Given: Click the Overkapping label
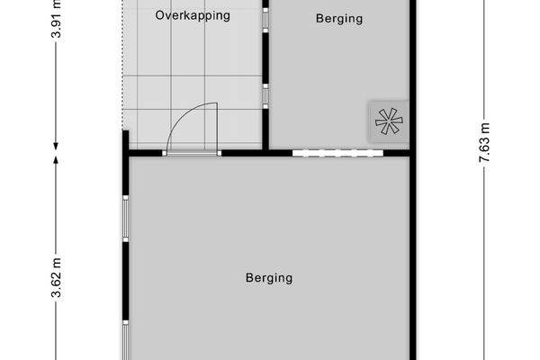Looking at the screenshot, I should click(x=193, y=15).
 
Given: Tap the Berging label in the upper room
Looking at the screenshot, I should click(x=339, y=18).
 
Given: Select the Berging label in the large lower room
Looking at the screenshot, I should click(x=269, y=278).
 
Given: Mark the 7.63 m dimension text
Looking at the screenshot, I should click(x=484, y=143).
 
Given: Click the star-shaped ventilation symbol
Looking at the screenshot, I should click(x=388, y=121).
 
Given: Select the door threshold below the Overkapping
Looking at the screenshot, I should click(x=192, y=154).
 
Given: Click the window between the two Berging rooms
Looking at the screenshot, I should click(x=337, y=153).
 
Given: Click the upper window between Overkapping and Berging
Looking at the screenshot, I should click(x=265, y=21).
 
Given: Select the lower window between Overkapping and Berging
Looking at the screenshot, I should click(x=265, y=95).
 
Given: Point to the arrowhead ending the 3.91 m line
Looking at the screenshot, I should click(x=56, y=144).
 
